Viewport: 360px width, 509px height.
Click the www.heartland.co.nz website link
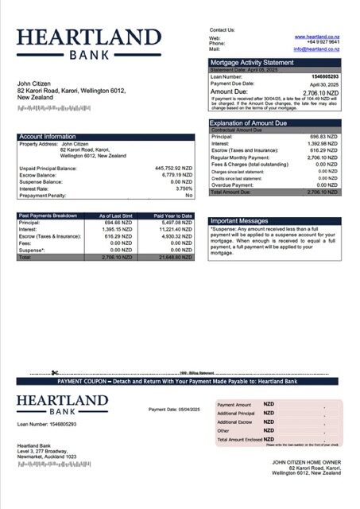pos(318,37)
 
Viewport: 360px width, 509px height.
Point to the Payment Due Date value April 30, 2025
pos(323,84)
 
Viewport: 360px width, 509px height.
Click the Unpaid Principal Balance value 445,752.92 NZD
pos(173,169)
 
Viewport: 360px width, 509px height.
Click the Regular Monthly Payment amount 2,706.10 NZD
pos(323,157)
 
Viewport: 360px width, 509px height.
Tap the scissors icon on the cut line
pos(55,372)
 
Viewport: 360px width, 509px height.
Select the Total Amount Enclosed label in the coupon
pos(238,439)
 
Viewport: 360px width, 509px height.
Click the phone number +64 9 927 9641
pos(323,43)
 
